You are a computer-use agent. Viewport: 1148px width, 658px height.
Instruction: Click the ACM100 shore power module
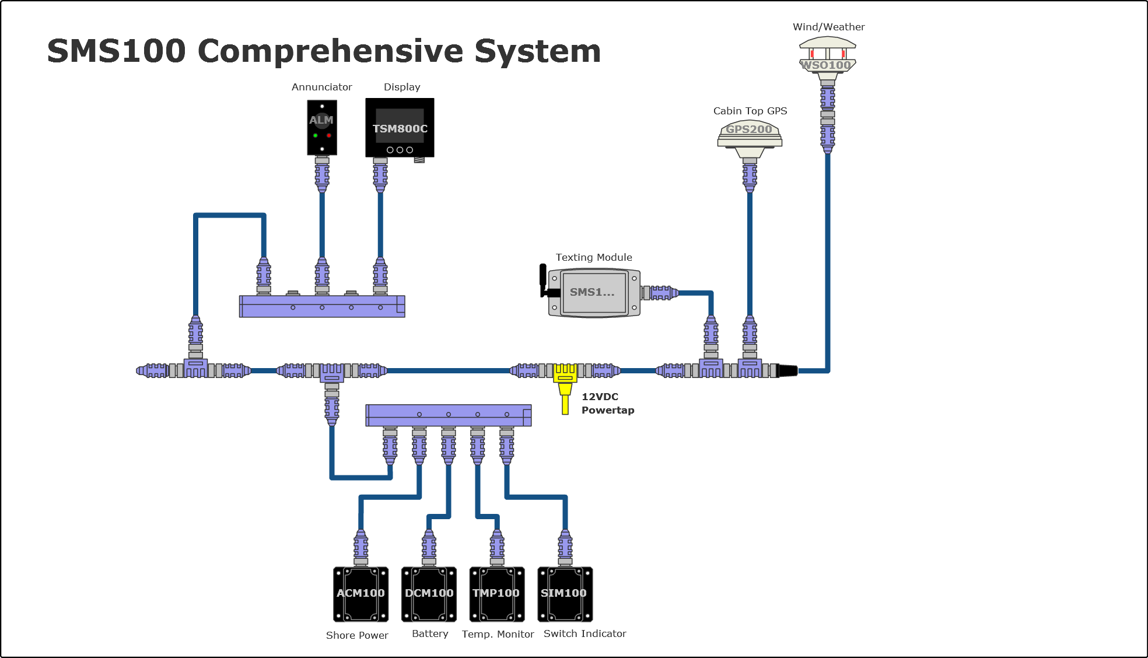tap(360, 594)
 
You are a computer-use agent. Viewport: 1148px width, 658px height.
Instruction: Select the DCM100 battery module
tap(429, 594)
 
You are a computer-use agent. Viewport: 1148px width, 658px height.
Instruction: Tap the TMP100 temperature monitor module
tap(496, 594)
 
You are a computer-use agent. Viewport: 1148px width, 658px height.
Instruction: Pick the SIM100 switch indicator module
tap(565, 594)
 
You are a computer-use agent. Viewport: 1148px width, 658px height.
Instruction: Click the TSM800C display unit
tap(400, 128)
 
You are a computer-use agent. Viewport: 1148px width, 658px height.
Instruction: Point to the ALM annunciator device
tap(322, 127)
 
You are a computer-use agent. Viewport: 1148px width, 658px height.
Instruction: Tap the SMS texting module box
tap(594, 293)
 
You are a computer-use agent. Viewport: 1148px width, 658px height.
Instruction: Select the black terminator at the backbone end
tap(787, 370)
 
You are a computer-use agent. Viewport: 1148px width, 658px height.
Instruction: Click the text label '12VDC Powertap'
tap(607, 403)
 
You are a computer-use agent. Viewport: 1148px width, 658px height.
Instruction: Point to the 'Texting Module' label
tap(593, 257)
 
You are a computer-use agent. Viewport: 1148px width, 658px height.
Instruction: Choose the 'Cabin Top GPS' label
tap(750, 111)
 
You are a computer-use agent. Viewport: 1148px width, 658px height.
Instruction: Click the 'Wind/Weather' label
tap(828, 27)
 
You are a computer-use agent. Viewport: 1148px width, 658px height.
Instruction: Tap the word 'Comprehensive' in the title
tap(330, 51)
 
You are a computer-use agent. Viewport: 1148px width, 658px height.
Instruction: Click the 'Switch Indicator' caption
tap(584, 633)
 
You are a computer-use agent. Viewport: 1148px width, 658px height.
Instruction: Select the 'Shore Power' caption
tap(357, 635)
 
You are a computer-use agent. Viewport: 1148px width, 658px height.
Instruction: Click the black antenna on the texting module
tap(543, 279)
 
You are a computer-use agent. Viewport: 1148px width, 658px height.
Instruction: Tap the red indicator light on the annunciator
tap(329, 135)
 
